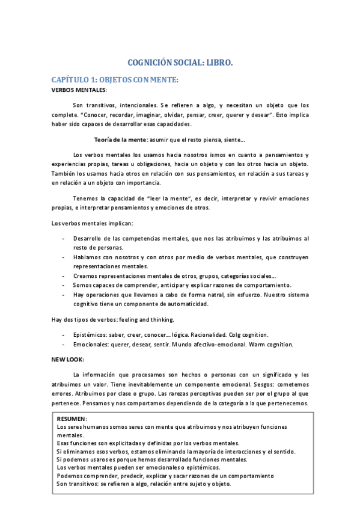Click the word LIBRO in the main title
(x=218, y=63)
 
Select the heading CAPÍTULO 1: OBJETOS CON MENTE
(x=115, y=80)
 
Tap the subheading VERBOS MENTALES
(x=79, y=90)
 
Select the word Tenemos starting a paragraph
(x=87, y=197)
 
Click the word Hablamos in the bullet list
(x=88, y=257)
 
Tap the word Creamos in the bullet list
(x=87, y=275)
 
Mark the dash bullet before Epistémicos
(x=64, y=334)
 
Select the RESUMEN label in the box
(x=72, y=418)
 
